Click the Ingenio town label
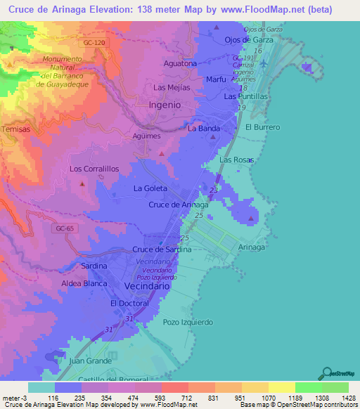point(165,105)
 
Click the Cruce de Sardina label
point(162,249)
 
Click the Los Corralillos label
point(94,169)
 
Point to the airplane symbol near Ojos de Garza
point(264,64)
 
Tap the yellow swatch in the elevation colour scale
point(281,387)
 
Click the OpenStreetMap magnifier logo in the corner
point(326,373)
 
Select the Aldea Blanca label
point(83,283)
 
